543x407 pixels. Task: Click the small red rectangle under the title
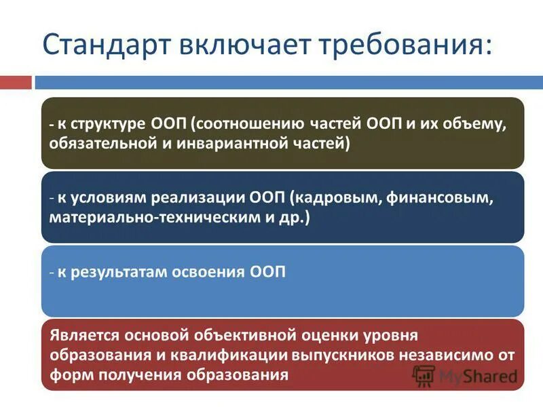[15, 82]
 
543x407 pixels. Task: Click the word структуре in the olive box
[105, 125]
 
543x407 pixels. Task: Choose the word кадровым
[329, 199]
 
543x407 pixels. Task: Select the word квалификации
[242, 355]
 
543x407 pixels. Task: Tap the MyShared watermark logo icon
[424, 375]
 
